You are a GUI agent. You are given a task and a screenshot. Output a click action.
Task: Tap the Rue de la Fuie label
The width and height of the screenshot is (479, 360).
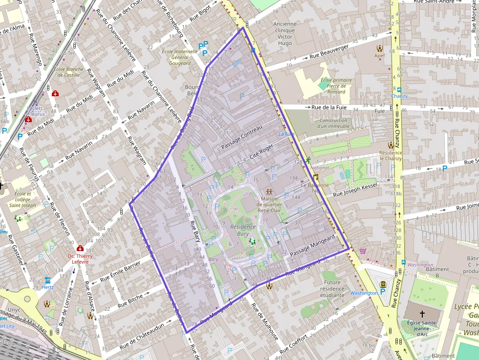330,106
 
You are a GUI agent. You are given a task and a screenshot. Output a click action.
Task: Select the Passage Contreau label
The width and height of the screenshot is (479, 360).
242,137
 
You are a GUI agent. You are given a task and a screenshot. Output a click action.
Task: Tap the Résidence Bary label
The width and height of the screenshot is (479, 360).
243,230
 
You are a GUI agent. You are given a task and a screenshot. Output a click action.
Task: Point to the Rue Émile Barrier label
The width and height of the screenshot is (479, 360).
120,272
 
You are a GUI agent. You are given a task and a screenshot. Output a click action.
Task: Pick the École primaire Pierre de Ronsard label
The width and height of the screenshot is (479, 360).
336,85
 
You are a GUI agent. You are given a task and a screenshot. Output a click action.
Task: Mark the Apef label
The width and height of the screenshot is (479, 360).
380,56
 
